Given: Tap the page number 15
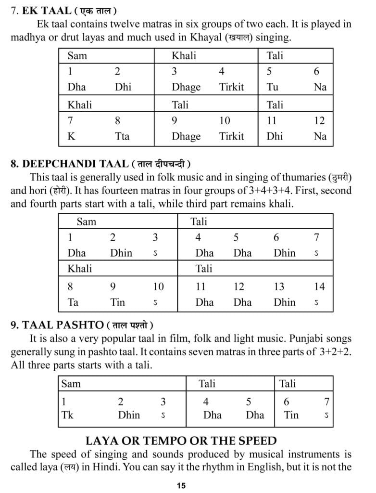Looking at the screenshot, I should pyautogui.click(x=181, y=485).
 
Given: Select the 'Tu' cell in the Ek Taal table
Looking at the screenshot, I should pyautogui.click(x=272, y=87).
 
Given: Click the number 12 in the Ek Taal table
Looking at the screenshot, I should pyautogui.click(x=319, y=120).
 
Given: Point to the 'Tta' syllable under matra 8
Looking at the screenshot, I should pyautogui.click(x=122, y=136).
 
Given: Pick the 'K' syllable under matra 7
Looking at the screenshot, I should pyautogui.click(x=71, y=136).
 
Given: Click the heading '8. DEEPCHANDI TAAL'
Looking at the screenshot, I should pyautogui.click(x=69, y=164).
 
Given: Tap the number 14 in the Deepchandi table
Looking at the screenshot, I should pyautogui.click(x=319, y=287).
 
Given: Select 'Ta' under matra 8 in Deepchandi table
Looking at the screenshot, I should pyautogui.click(x=73, y=302).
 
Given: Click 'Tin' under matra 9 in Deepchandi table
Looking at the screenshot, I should pyautogui.click(x=117, y=302).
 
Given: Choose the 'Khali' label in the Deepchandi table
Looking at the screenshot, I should pyautogui.click(x=80, y=268).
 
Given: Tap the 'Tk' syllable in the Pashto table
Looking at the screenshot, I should pyautogui.click(x=67, y=415).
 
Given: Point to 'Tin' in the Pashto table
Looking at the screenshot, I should pyautogui.click(x=291, y=415).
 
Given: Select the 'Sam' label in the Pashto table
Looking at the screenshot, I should pyautogui.click(x=71, y=384).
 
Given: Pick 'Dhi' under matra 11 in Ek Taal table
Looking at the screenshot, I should pyautogui.click(x=275, y=136).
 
